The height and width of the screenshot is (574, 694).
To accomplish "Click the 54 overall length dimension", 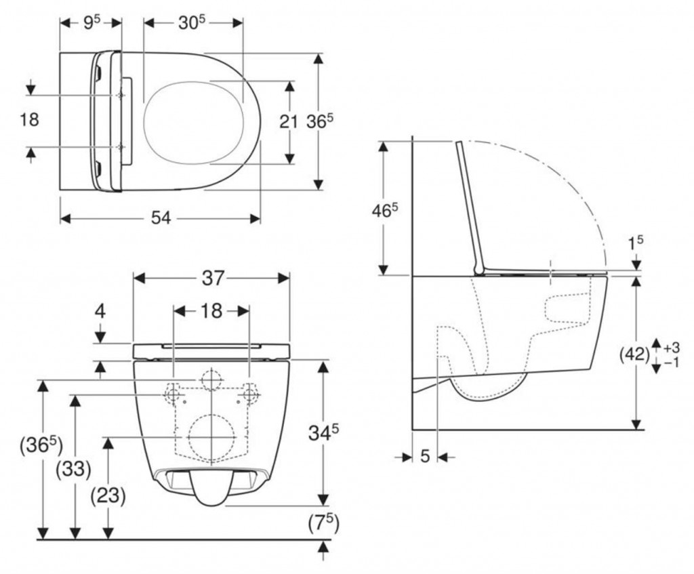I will [160, 218].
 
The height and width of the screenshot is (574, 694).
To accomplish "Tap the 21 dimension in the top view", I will [289, 122].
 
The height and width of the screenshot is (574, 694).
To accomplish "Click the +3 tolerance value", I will [671, 347].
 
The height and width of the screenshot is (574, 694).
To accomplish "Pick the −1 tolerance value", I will [671, 363].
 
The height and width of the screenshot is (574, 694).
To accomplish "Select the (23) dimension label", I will [107, 495].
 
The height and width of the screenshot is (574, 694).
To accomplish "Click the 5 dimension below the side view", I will [425, 457].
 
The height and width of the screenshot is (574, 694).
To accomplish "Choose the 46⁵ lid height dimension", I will [384, 210].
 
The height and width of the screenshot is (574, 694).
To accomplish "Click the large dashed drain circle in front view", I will [211, 436].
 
